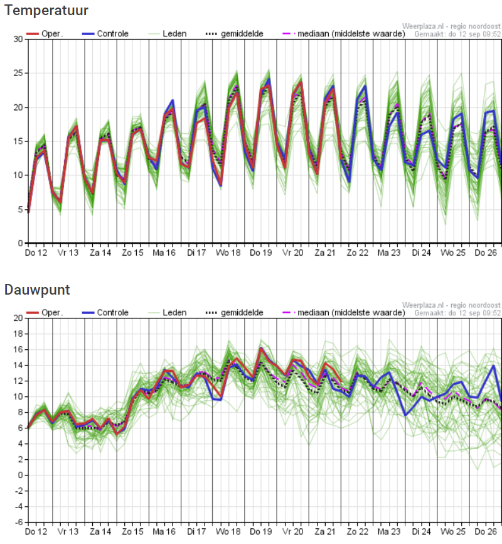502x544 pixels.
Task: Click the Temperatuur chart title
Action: [46, 11]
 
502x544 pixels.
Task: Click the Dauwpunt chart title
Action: [37, 290]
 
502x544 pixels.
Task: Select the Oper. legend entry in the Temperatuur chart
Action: [45, 34]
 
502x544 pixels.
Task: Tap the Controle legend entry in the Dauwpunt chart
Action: [105, 313]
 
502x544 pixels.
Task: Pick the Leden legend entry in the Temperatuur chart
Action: [168, 34]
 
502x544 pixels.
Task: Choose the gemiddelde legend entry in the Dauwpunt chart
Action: [234, 313]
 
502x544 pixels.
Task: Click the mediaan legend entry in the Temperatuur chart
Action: [344, 34]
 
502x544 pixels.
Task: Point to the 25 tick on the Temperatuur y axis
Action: [18, 73]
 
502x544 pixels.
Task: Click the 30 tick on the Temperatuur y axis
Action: [18, 39]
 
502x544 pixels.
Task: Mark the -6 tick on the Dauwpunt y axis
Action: [18, 522]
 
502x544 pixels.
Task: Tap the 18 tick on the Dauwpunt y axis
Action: [18, 334]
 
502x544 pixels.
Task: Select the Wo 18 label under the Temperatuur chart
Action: [228, 253]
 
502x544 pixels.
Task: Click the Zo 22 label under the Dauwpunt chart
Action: [358, 531]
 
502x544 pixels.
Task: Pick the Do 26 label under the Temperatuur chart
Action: [486, 253]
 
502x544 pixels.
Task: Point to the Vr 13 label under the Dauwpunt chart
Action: [68, 531]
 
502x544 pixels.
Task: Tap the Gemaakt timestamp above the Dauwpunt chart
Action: [457, 313]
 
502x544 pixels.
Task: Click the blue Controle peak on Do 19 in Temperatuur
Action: [269, 79]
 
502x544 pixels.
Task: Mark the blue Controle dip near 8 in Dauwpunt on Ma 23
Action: [405, 415]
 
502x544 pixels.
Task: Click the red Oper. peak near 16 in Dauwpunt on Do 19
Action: [260, 348]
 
